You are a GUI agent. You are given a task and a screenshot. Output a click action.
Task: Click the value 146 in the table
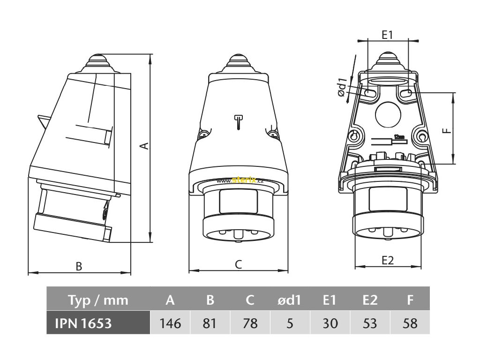170,323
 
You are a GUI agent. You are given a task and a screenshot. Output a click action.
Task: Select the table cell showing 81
210,323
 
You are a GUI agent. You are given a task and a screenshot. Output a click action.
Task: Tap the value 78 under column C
250,323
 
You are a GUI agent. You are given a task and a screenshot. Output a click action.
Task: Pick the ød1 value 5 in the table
290,323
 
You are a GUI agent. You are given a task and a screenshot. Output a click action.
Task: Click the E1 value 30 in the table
330,323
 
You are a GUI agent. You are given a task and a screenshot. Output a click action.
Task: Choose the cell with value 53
370,323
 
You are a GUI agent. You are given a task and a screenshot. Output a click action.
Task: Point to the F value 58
410,323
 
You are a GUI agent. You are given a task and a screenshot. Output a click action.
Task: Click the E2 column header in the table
370,300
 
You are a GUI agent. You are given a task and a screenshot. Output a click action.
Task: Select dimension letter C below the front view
238,265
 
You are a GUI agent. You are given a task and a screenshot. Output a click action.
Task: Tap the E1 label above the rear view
387,35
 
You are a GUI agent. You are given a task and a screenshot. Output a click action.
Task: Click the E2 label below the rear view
387,261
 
